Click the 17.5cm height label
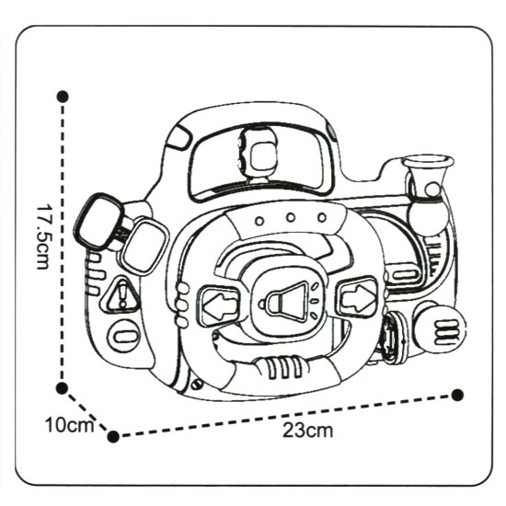tap(42, 236)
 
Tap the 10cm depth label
tap(70, 425)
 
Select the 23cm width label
tap(307, 430)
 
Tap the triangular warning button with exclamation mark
tap(121, 295)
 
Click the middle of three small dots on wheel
tap(291, 218)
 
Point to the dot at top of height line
tap(63, 97)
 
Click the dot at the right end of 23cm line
tap(457, 395)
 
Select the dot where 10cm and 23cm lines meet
tap(113, 437)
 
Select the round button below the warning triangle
tap(123, 336)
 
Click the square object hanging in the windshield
tap(259, 152)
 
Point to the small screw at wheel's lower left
tap(196, 385)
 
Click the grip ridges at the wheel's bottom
tap(284, 367)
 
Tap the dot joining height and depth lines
tap(62, 388)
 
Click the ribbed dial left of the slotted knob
tap(393, 338)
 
